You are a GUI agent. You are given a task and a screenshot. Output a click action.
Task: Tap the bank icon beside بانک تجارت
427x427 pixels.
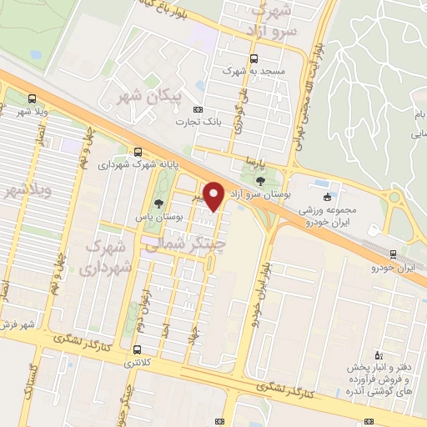[198, 109]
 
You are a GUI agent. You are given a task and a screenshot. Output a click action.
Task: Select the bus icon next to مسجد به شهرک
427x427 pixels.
[254, 58]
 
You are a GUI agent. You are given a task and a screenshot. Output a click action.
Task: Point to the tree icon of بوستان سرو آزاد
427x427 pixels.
[260, 178]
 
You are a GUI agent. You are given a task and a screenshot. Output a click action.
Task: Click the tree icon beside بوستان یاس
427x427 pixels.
[158, 204]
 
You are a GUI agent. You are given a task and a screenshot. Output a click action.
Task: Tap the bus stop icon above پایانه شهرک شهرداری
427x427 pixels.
[137, 151]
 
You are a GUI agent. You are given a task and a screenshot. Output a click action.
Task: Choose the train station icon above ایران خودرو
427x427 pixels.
[394, 254]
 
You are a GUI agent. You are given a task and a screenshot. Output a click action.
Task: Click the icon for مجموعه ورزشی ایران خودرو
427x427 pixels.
[327, 197]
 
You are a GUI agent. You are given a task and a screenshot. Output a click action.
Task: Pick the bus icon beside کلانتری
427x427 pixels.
[138, 350]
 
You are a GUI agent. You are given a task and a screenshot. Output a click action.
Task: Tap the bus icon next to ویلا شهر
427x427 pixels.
[32, 98]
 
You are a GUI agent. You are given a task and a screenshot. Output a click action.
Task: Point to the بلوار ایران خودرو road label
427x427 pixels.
[259, 289]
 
